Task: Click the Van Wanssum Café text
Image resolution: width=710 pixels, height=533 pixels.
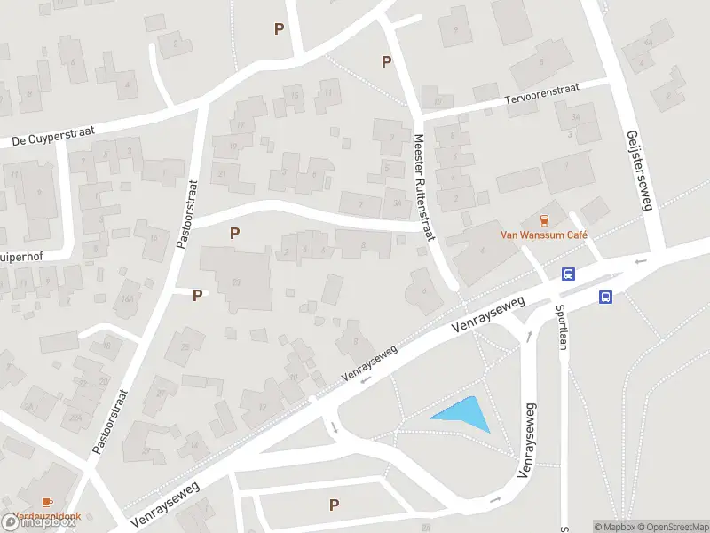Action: [546, 235]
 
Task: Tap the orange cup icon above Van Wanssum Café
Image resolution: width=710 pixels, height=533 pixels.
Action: [546, 219]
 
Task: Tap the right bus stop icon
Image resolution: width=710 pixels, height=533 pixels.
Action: [605, 297]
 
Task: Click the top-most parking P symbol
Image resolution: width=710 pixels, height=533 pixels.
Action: [280, 28]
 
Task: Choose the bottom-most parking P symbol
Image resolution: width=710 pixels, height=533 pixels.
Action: [334, 505]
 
